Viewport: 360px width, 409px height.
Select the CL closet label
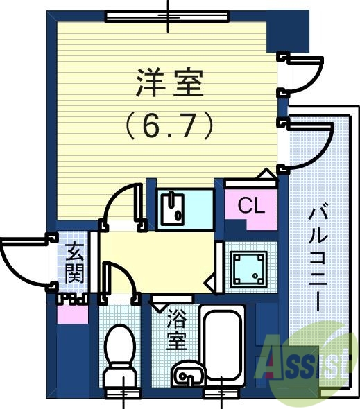[x=250, y=205]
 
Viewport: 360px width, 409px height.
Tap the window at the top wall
[x=171, y=15]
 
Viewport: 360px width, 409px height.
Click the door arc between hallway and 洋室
[x=123, y=201]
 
